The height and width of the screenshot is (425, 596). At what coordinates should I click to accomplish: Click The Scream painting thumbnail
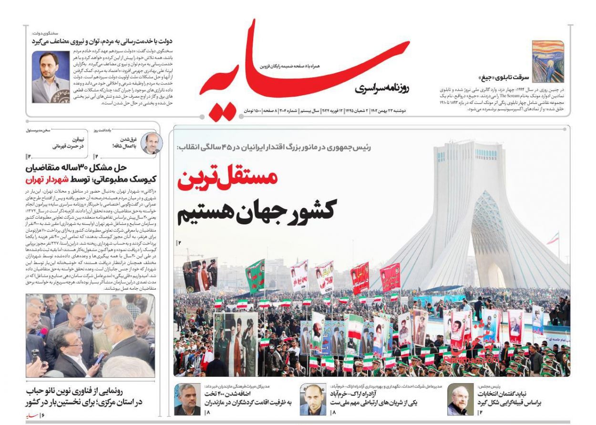[548, 61]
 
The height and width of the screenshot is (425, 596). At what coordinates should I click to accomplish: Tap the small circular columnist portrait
[151, 143]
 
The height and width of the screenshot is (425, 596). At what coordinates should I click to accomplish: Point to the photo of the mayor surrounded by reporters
[90, 336]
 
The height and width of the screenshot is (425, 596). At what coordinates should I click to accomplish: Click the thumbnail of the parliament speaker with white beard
[460, 399]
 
